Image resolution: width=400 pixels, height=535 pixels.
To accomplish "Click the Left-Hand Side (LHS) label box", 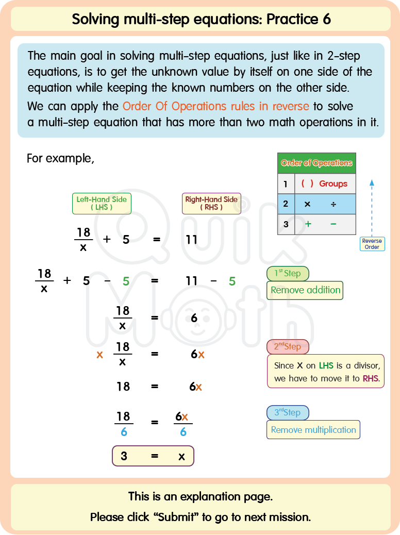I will click(102, 204).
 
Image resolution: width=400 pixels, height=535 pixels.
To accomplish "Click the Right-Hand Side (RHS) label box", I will click(211, 204).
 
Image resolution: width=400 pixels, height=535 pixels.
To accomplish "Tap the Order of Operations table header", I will click(316, 163).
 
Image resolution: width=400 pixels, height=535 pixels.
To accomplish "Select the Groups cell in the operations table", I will click(325, 183).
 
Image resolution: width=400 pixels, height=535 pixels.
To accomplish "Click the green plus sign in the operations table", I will click(308, 224).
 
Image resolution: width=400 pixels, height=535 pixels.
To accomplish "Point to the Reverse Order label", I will click(372, 244).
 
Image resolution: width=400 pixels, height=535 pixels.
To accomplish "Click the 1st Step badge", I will click(288, 274).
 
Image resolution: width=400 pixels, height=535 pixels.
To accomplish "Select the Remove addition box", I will click(305, 290).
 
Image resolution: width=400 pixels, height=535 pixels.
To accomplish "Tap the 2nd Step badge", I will click(288, 347).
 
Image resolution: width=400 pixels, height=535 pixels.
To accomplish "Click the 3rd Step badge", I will click(288, 413).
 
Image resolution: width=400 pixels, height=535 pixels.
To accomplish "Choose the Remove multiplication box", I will click(313, 430).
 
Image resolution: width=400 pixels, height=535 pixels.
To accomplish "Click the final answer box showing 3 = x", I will click(153, 456).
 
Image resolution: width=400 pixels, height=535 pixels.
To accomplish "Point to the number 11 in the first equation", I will click(192, 240).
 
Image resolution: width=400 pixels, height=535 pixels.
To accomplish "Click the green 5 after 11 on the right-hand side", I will click(232, 281).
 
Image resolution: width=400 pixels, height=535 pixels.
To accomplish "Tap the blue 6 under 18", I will click(124, 432).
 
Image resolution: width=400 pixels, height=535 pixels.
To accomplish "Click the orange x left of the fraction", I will click(99, 355).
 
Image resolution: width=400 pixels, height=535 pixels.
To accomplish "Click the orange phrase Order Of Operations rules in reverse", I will click(215, 107).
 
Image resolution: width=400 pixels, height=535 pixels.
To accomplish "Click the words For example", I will click(60, 158).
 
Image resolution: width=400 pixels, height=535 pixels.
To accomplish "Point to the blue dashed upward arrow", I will click(372, 206).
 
